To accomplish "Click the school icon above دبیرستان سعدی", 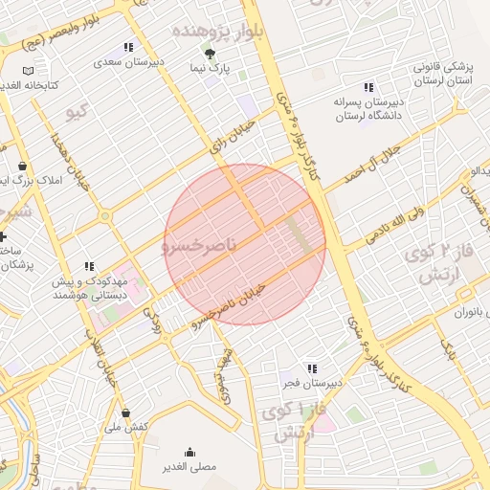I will [129, 47].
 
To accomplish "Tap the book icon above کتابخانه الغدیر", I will [28, 71].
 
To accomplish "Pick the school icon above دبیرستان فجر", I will [312, 368].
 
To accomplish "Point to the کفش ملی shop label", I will [126, 427].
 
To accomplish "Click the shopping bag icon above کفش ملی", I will [126, 412].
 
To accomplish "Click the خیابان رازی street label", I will [234, 137].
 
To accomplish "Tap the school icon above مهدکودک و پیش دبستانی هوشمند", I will [89, 266].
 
